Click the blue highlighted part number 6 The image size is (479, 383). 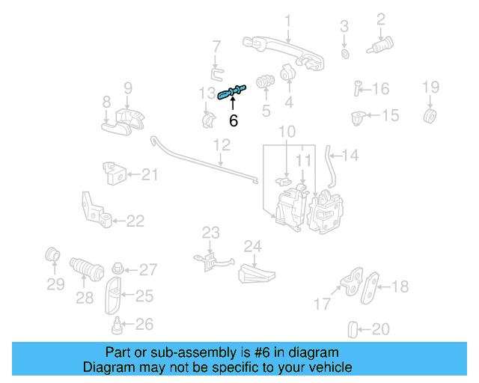[x=232, y=92]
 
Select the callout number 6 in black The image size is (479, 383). [x=234, y=120]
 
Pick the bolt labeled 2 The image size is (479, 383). [x=382, y=46]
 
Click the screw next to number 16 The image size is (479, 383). [x=358, y=89]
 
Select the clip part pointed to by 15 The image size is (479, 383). [x=358, y=117]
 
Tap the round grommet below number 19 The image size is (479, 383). [x=430, y=116]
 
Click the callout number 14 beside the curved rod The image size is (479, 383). [x=350, y=156]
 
